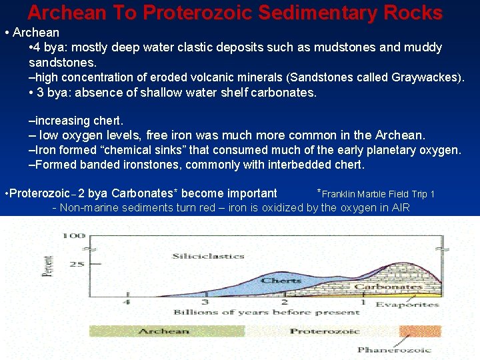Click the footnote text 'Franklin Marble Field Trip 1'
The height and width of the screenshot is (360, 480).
pyautogui.click(x=378, y=194)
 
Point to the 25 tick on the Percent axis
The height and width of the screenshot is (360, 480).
pyautogui.click(x=77, y=264)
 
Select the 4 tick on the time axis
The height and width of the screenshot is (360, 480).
pyautogui.click(x=127, y=302)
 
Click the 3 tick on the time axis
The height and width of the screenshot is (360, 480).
pyautogui.click(x=205, y=302)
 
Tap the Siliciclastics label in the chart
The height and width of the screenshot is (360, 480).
pyautogui.click(x=208, y=255)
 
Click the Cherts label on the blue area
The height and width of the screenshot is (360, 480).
pyautogui.click(x=281, y=281)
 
